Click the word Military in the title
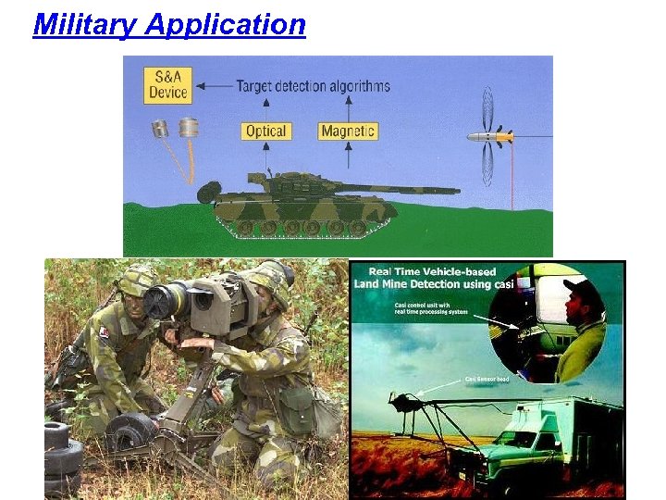pyautogui.click(x=85, y=24)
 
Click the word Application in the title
pyautogui.click(x=225, y=25)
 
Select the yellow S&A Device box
pyautogui.click(x=169, y=84)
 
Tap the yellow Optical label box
pyautogui.click(x=265, y=131)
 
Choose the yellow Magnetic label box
pyautogui.click(x=348, y=131)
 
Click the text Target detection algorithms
pyautogui.click(x=313, y=86)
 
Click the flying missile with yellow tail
pyautogui.click(x=489, y=137)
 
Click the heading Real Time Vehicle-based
pyautogui.click(x=425, y=272)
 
